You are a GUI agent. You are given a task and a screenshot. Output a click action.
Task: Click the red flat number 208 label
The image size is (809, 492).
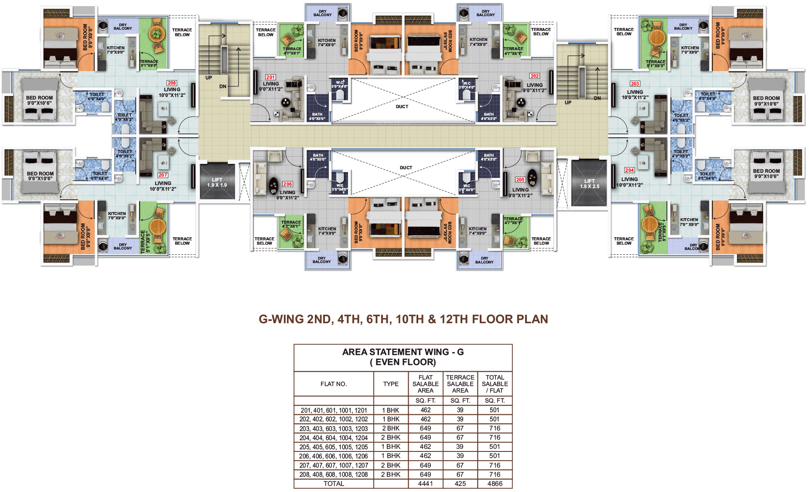172,83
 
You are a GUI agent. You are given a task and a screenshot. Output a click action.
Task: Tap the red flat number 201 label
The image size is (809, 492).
270,77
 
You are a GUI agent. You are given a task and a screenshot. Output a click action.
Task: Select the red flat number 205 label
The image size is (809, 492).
520,180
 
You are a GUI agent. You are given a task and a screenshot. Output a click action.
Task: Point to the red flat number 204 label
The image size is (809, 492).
629,170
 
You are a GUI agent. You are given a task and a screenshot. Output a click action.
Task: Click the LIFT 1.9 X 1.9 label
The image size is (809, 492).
217,182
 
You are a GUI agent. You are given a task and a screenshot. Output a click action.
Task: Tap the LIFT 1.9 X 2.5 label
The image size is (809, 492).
589,184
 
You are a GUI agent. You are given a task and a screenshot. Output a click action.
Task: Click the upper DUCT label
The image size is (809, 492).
402,106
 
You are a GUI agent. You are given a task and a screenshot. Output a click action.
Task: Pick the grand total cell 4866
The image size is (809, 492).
495,484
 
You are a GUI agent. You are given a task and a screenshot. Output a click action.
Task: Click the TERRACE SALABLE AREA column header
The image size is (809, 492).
460,384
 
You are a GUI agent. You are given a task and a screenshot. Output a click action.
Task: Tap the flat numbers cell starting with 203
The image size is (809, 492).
334,429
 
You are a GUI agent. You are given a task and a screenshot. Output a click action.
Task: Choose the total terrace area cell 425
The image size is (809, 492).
460,484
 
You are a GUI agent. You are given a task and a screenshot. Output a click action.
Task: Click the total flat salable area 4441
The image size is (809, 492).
425,484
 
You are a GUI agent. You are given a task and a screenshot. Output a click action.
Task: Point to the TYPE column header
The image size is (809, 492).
391,384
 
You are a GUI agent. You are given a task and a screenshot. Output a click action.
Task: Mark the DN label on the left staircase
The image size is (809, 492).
223,86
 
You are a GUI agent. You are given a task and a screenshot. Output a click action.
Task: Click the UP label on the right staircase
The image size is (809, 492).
568,102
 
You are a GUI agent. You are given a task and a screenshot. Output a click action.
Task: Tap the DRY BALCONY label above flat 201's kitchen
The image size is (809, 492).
322,13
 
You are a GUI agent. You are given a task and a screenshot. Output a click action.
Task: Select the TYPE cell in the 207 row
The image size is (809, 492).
391,465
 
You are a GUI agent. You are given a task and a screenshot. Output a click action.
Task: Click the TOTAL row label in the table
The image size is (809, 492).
334,484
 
